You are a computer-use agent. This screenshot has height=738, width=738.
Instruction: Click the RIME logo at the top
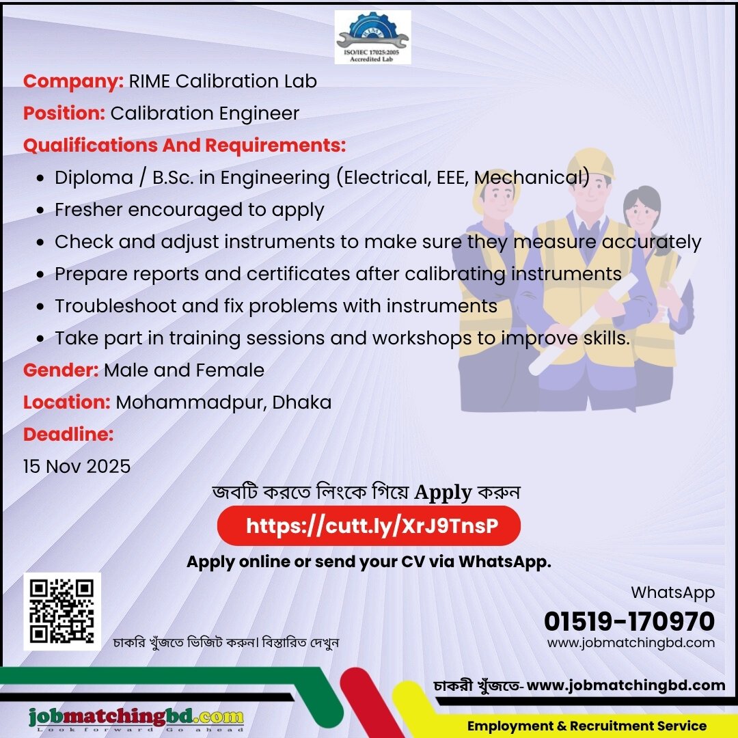372,37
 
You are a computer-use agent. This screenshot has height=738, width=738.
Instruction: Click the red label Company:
73,81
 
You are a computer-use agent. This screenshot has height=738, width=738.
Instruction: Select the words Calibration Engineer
205,113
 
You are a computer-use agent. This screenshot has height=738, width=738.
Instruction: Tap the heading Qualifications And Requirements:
184,146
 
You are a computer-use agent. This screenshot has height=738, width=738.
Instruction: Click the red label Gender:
61,370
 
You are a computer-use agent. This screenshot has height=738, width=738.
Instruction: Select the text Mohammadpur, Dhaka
223,402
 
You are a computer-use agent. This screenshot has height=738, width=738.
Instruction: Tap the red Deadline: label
68,435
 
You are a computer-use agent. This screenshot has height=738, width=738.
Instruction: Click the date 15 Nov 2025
77,467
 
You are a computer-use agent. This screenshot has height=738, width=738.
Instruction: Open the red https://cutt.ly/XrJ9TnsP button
368,526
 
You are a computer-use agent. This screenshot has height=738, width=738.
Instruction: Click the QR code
62,612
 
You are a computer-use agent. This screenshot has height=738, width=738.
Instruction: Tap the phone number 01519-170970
629,622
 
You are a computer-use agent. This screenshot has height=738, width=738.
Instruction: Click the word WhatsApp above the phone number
672,592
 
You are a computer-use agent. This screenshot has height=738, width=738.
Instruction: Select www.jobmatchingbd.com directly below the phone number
631,643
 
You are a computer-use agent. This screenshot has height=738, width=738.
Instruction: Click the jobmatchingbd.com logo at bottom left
136,717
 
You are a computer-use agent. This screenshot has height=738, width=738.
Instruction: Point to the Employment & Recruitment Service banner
586,726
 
